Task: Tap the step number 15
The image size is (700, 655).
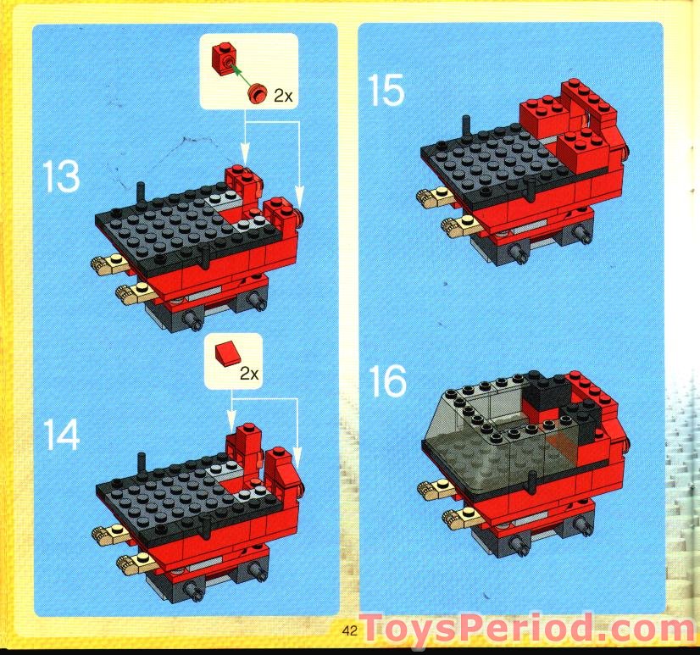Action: tap(386, 90)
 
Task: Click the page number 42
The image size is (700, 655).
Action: tap(349, 630)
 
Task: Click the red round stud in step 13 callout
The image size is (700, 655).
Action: tap(255, 92)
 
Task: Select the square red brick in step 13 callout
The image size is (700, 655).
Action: tap(225, 58)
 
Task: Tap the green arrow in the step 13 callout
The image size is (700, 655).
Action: tap(241, 75)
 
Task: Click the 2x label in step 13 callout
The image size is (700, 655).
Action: tap(282, 97)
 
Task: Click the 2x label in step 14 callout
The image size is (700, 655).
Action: tap(248, 373)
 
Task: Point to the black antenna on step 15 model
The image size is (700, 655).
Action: tap(465, 124)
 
